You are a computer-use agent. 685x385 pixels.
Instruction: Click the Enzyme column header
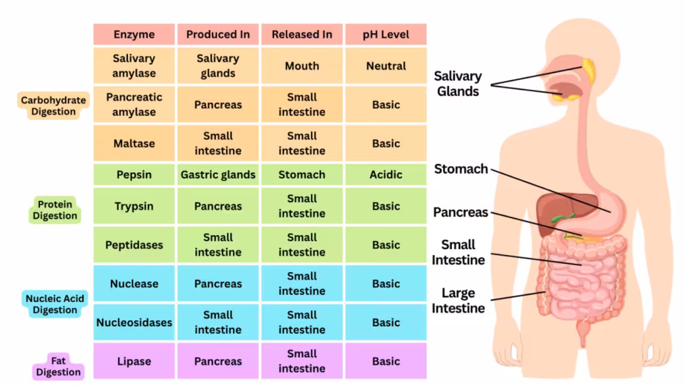click(x=134, y=35)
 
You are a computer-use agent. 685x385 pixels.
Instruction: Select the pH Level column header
click(x=385, y=35)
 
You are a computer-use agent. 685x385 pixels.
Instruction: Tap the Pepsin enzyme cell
click(x=134, y=175)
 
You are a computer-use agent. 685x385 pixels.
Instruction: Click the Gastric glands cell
click(x=218, y=175)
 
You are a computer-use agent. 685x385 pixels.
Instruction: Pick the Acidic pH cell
click(x=385, y=175)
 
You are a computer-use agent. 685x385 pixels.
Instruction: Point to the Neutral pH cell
click(x=385, y=66)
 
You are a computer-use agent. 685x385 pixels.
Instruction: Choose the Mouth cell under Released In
click(x=302, y=66)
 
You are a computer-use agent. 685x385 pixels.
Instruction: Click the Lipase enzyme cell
click(x=134, y=361)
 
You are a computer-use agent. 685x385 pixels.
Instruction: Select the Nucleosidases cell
click(x=134, y=322)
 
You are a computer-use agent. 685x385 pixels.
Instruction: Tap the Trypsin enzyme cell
click(x=134, y=206)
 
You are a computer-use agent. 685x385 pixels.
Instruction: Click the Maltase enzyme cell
click(x=134, y=144)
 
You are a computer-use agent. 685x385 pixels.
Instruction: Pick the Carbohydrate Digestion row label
click(x=53, y=106)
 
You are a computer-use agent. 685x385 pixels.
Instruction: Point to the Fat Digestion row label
click(x=58, y=366)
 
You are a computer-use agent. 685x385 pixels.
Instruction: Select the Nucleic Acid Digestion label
click(x=55, y=304)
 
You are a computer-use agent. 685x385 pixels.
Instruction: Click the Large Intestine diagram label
click(x=458, y=301)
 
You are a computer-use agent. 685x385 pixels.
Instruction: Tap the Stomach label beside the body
click(x=461, y=170)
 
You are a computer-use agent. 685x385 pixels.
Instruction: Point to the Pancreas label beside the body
click(x=460, y=212)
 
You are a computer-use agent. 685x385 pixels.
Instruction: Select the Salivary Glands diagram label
click(x=458, y=84)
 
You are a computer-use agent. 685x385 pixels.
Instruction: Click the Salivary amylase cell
click(x=134, y=66)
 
